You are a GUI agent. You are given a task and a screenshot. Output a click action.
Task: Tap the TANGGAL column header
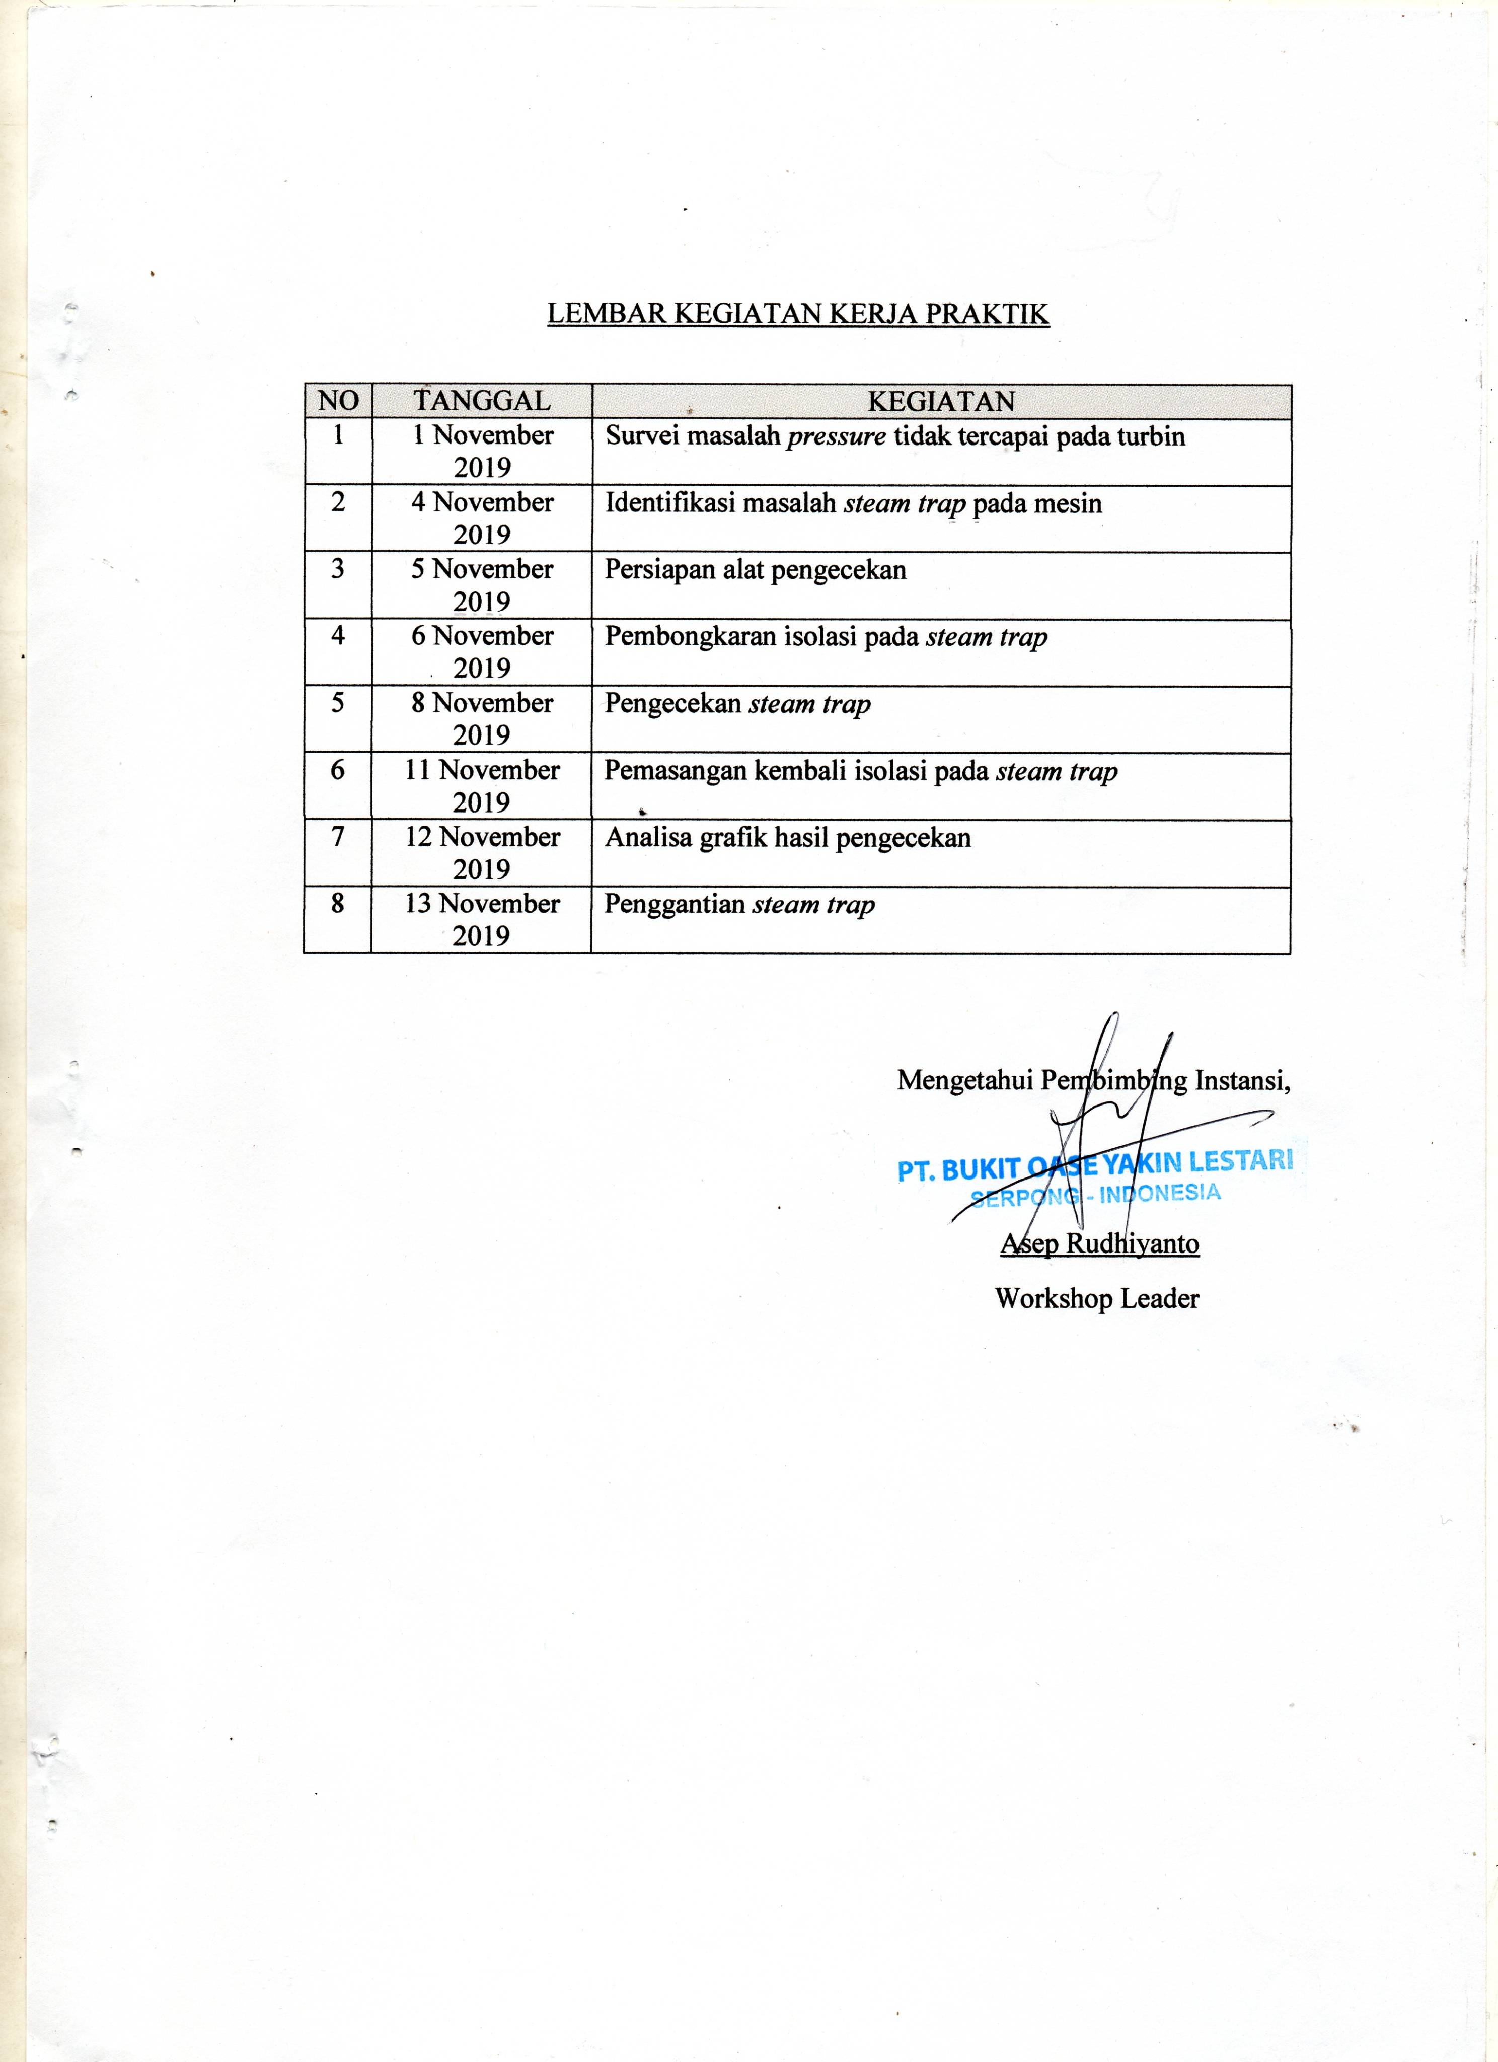[482, 401]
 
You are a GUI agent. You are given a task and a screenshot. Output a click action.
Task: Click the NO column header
[338, 401]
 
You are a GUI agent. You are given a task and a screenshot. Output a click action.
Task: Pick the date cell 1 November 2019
[482, 451]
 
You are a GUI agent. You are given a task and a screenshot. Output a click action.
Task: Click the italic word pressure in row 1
[836, 436]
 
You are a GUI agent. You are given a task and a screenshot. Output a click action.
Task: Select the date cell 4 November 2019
[482, 518]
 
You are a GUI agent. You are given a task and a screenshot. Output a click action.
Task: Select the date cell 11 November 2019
[482, 785]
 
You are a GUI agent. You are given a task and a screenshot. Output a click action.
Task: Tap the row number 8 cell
[337, 904]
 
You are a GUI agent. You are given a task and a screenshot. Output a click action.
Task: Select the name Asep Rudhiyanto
[1100, 1243]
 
